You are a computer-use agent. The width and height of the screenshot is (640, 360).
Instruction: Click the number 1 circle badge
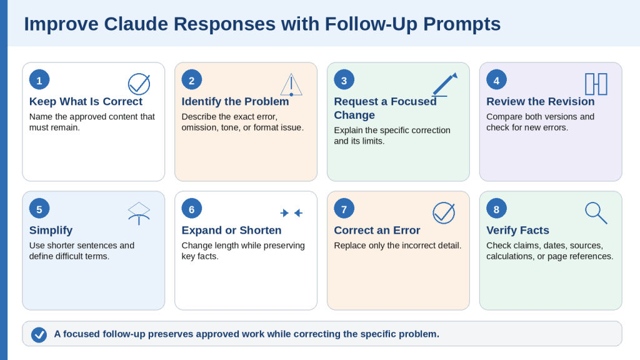tap(39, 80)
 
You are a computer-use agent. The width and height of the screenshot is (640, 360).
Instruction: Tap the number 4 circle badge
tap(496, 80)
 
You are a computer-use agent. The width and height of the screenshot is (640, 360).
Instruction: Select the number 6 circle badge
tap(191, 209)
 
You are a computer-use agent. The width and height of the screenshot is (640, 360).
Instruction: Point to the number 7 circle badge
tap(344, 209)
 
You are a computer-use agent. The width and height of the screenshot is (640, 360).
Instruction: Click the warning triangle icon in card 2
tap(291, 84)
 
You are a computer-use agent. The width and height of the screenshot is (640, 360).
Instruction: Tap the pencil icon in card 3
tap(444, 84)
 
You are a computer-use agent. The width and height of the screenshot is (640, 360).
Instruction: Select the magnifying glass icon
tap(596, 212)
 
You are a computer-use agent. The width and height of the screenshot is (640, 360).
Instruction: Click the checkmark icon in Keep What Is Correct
tap(139, 84)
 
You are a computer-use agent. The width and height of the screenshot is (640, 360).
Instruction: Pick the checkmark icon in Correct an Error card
tap(444, 212)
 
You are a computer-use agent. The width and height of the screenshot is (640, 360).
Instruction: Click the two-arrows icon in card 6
tap(291, 212)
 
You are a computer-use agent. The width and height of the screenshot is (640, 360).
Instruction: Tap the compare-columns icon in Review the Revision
tap(596, 84)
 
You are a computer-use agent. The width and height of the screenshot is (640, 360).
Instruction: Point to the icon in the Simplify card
tap(139, 214)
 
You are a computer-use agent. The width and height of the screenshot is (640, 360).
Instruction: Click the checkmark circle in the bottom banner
tap(39, 335)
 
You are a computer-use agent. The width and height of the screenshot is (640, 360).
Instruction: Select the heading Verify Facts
tap(517, 230)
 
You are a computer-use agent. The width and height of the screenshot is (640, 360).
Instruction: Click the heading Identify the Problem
tap(235, 101)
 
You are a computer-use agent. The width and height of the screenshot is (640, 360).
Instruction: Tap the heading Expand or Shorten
tap(231, 230)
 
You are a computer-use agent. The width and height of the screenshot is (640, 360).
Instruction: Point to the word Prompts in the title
tap(462, 24)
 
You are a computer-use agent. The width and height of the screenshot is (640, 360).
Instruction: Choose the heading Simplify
tap(51, 231)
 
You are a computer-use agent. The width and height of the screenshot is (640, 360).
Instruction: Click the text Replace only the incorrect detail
tap(397, 246)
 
